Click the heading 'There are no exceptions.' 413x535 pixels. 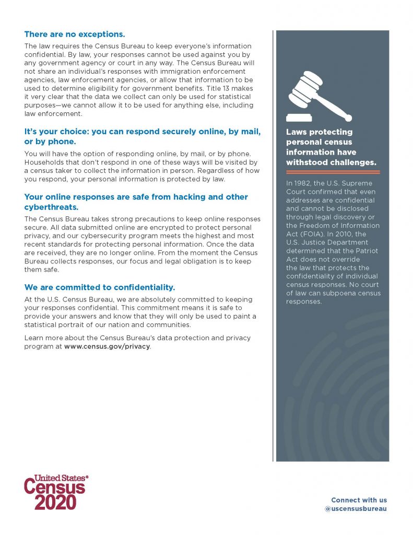point(75,34)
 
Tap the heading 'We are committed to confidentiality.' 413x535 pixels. point(100,287)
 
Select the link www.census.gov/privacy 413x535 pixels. point(107,346)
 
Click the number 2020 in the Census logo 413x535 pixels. point(55,502)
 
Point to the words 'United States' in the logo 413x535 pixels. point(60,478)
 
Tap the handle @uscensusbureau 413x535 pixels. point(356,508)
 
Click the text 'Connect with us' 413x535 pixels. point(359,500)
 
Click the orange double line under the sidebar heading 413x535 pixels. point(333,171)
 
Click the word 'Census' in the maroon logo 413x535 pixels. point(54,487)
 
